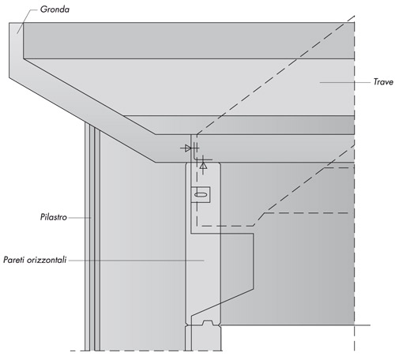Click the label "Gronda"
pyautogui.click(x=55, y=9)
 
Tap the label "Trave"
pyautogui.click(x=383, y=82)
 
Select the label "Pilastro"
pyautogui.click(x=54, y=217)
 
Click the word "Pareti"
pyautogui.click(x=13, y=260)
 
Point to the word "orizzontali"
pyautogui.click(x=47, y=260)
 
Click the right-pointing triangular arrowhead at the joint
pyautogui.click(x=188, y=148)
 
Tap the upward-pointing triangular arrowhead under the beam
pyautogui.click(x=203, y=166)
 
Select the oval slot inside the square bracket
pyautogui.click(x=201, y=195)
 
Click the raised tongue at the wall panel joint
pyautogui.click(x=208, y=323)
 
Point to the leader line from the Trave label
pyautogui.click(x=345, y=82)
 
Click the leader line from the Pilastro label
pyautogui.click(x=80, y=218)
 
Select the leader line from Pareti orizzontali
pyautogui.click(x=137, y=261)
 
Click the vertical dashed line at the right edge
pyautogui.click(x=355, y=183)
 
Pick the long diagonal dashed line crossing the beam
pyautogui.click(x=276, y=75)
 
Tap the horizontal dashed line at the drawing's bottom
pyautogui.click(x=146, y=351)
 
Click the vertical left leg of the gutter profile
pyautogui.click(x=16, y=50)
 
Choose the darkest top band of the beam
pyautogui.click(x=189, y=40)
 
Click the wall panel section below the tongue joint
pyautogui.click(x=203, y=339)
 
